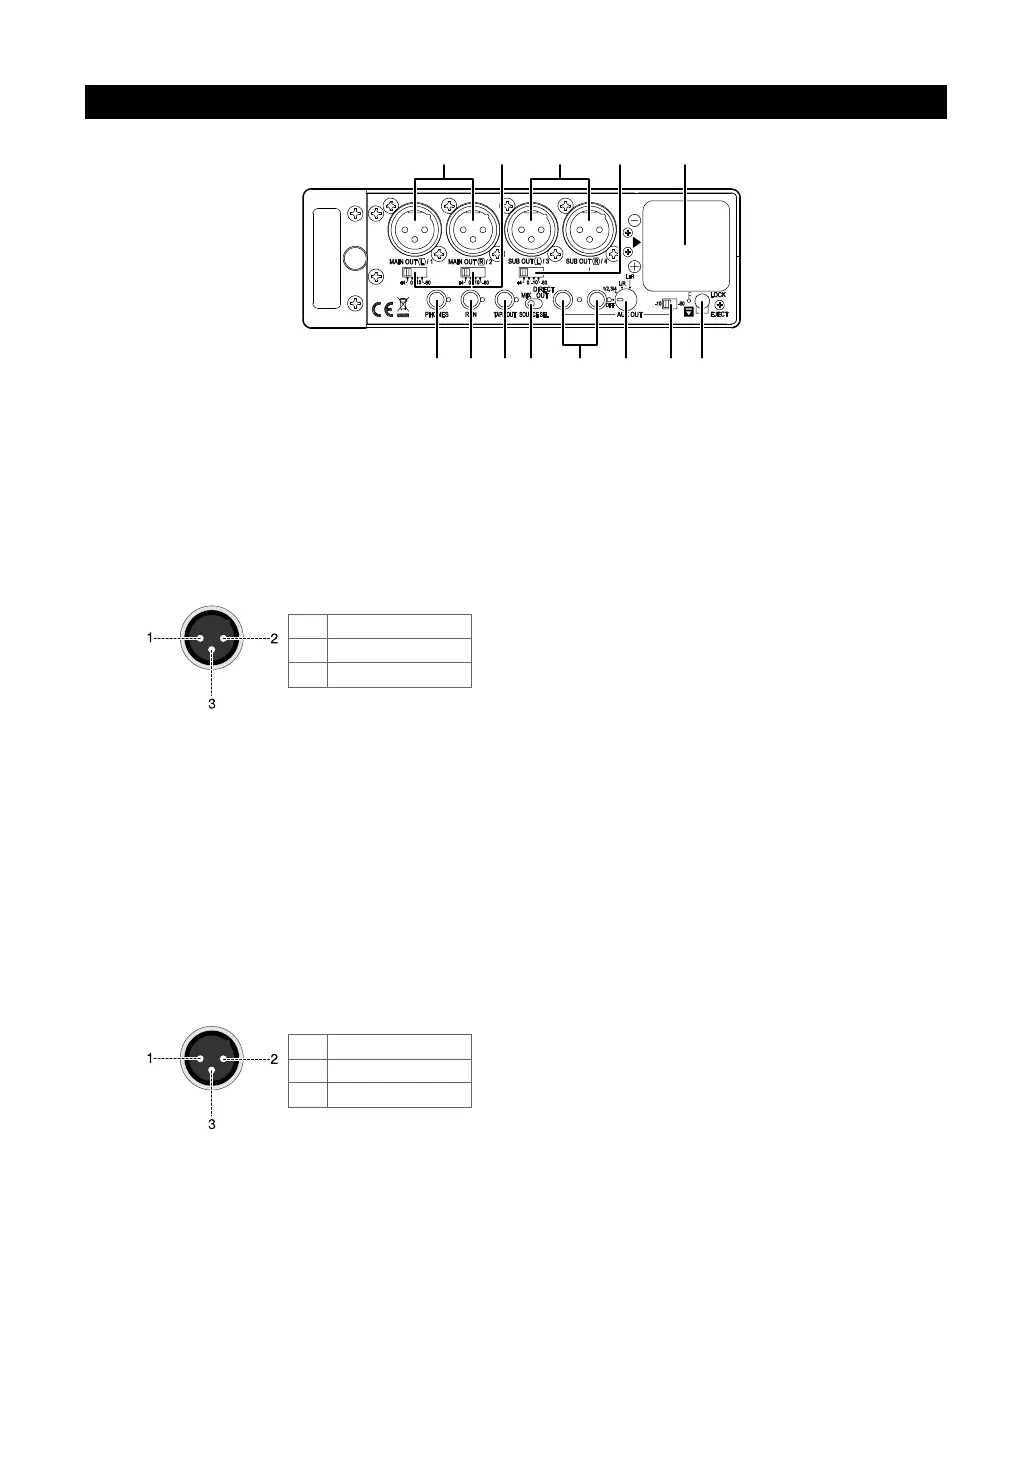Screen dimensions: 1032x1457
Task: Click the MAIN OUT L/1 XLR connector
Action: point(415,231)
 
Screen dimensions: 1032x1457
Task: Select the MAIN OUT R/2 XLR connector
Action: point(473,231)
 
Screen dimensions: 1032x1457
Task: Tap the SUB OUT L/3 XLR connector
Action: point(531,231)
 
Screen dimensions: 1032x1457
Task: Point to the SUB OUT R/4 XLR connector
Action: point(589,231)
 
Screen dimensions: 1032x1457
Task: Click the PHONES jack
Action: point(437,299)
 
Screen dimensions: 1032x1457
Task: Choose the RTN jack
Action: point(470,299)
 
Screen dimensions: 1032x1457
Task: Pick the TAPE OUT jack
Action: point(504,299)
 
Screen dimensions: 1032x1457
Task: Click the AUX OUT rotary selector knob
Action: point(626,300)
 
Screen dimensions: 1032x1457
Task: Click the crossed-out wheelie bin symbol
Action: point(404,309)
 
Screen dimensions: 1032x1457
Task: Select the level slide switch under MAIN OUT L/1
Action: point(410,273)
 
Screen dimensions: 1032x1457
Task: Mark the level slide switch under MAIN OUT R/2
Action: point(468,273)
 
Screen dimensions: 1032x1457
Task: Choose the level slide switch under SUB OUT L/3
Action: point(525,273)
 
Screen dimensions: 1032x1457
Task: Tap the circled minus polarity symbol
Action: point(634,219)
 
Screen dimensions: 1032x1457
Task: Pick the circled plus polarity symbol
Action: point(634,268)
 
